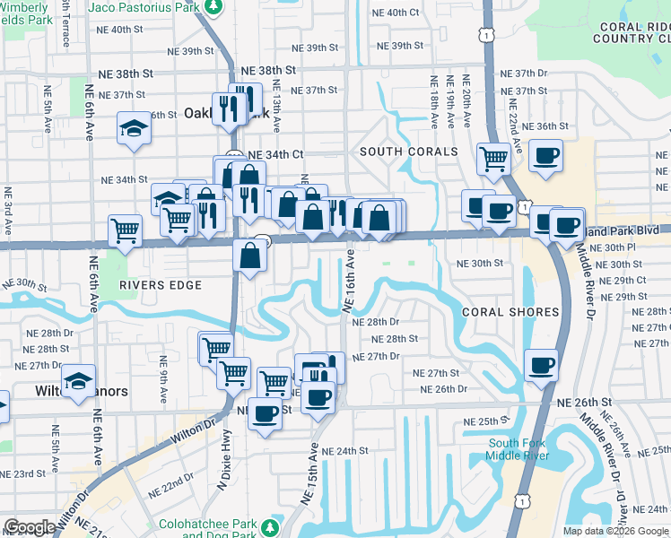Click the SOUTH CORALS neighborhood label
pos(408,152)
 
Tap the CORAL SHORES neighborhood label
pos(510,312)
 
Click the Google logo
pos(30,527)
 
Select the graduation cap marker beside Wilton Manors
pos(79,379)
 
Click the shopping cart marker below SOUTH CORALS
pos(492,158)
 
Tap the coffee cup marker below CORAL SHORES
pos(542,365)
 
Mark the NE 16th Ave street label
pos(350,281)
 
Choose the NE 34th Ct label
pos(281,154)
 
